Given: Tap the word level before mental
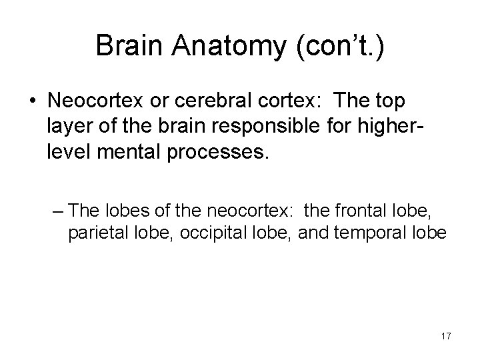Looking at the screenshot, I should tap(68, 153).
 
